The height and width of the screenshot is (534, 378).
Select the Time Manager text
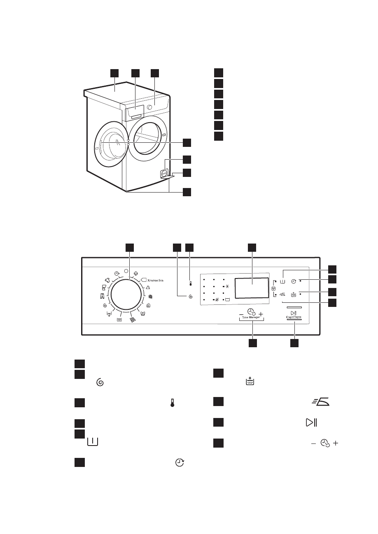pos(251,318)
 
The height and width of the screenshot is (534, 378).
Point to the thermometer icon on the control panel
pos(190,283)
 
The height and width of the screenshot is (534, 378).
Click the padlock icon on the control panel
pos(273,288)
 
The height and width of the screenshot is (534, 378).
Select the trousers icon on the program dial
pos(102,295)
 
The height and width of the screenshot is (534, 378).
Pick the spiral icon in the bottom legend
pos(99,383)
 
